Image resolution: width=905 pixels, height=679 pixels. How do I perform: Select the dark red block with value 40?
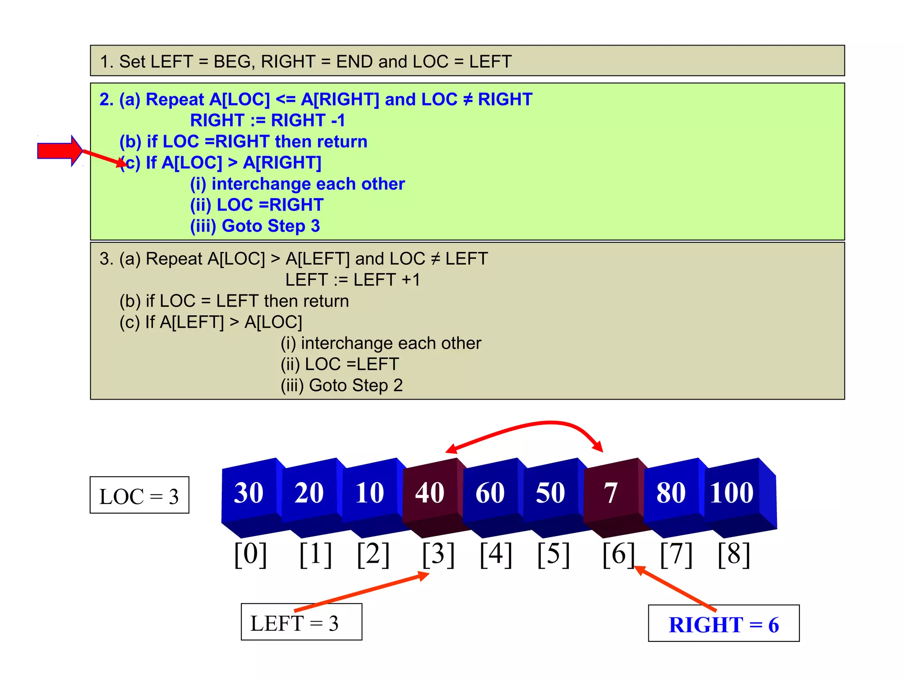(430, 493)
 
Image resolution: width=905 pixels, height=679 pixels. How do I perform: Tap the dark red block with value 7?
(611, 493)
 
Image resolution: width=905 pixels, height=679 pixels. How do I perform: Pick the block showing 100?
(732, 493)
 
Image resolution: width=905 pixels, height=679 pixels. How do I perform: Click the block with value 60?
(490, 493)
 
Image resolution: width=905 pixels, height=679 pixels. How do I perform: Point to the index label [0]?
(251, 554)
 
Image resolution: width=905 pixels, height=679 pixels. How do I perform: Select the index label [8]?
(734, 554)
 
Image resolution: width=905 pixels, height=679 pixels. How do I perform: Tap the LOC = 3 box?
(139, 495)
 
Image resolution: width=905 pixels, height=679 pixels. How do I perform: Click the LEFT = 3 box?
(301, 622)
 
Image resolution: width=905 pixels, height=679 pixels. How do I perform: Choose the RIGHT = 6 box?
(723, 623)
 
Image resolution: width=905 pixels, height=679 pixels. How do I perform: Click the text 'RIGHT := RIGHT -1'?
(267, 120)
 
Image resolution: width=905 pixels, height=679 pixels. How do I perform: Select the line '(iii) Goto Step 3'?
(255, 226)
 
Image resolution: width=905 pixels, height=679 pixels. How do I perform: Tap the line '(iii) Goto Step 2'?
(342, 385)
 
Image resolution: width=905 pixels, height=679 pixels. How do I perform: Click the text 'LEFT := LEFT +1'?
(353, 280)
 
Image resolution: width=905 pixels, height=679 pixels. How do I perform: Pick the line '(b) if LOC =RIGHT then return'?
(243, 141)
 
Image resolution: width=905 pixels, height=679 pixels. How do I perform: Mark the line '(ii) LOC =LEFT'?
(340, 364)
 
